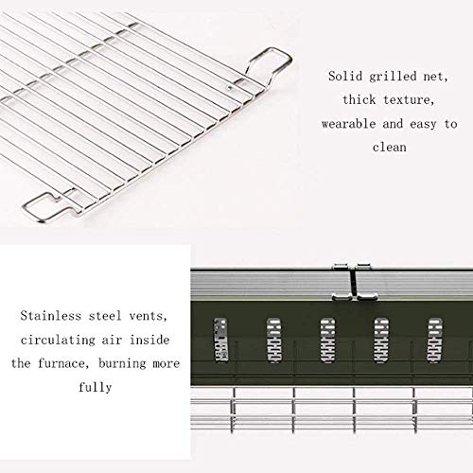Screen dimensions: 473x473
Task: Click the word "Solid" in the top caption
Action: (x=345, y=77)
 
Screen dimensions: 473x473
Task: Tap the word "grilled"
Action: (x=394, y=78)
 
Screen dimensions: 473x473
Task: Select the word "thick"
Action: (x=359, y=100)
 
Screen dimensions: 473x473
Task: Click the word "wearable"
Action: (x=348, y=124)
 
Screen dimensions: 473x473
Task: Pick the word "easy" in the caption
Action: (x=423, y=125)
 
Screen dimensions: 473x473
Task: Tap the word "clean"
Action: (x=390, y=147)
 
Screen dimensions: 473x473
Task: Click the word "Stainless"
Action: (x=51, y=316)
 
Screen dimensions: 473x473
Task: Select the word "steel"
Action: (x=105, y=316)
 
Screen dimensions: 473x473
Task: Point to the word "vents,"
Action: (x=149, y=316)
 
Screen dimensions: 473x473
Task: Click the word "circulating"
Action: (x=58, y=341)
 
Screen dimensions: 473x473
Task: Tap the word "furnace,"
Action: (x=61, y=364)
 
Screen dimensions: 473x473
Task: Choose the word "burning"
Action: (x=122, y=364)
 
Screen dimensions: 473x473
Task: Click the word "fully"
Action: (x=96, y=388)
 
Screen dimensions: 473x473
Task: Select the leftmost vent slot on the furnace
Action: (x=220, y=340)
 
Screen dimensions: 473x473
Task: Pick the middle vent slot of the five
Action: (x=327, y=340)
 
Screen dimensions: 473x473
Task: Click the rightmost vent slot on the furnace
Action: (x=434, y=340)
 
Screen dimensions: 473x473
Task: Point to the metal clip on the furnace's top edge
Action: (x=355, y=282)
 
